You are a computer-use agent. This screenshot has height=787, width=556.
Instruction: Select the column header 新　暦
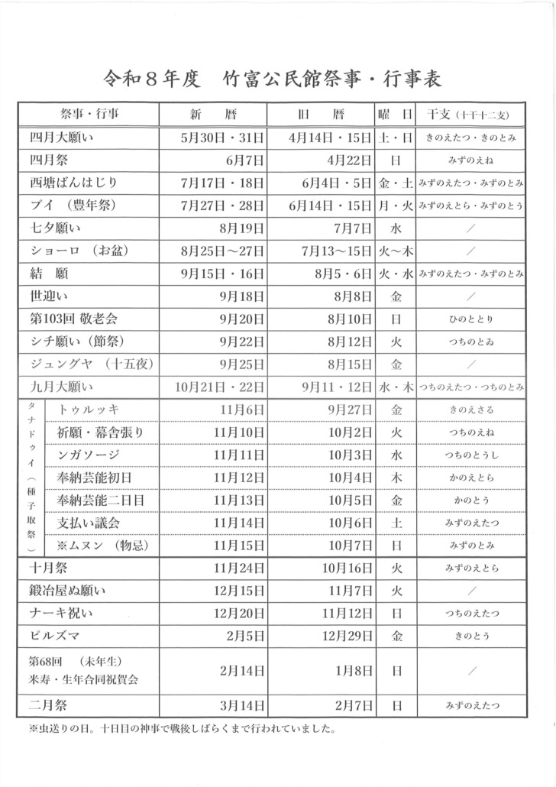(212, 115)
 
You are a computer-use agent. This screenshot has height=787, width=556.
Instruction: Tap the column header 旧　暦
(320, 115)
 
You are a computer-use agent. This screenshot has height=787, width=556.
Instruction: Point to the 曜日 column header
(396, 115)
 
